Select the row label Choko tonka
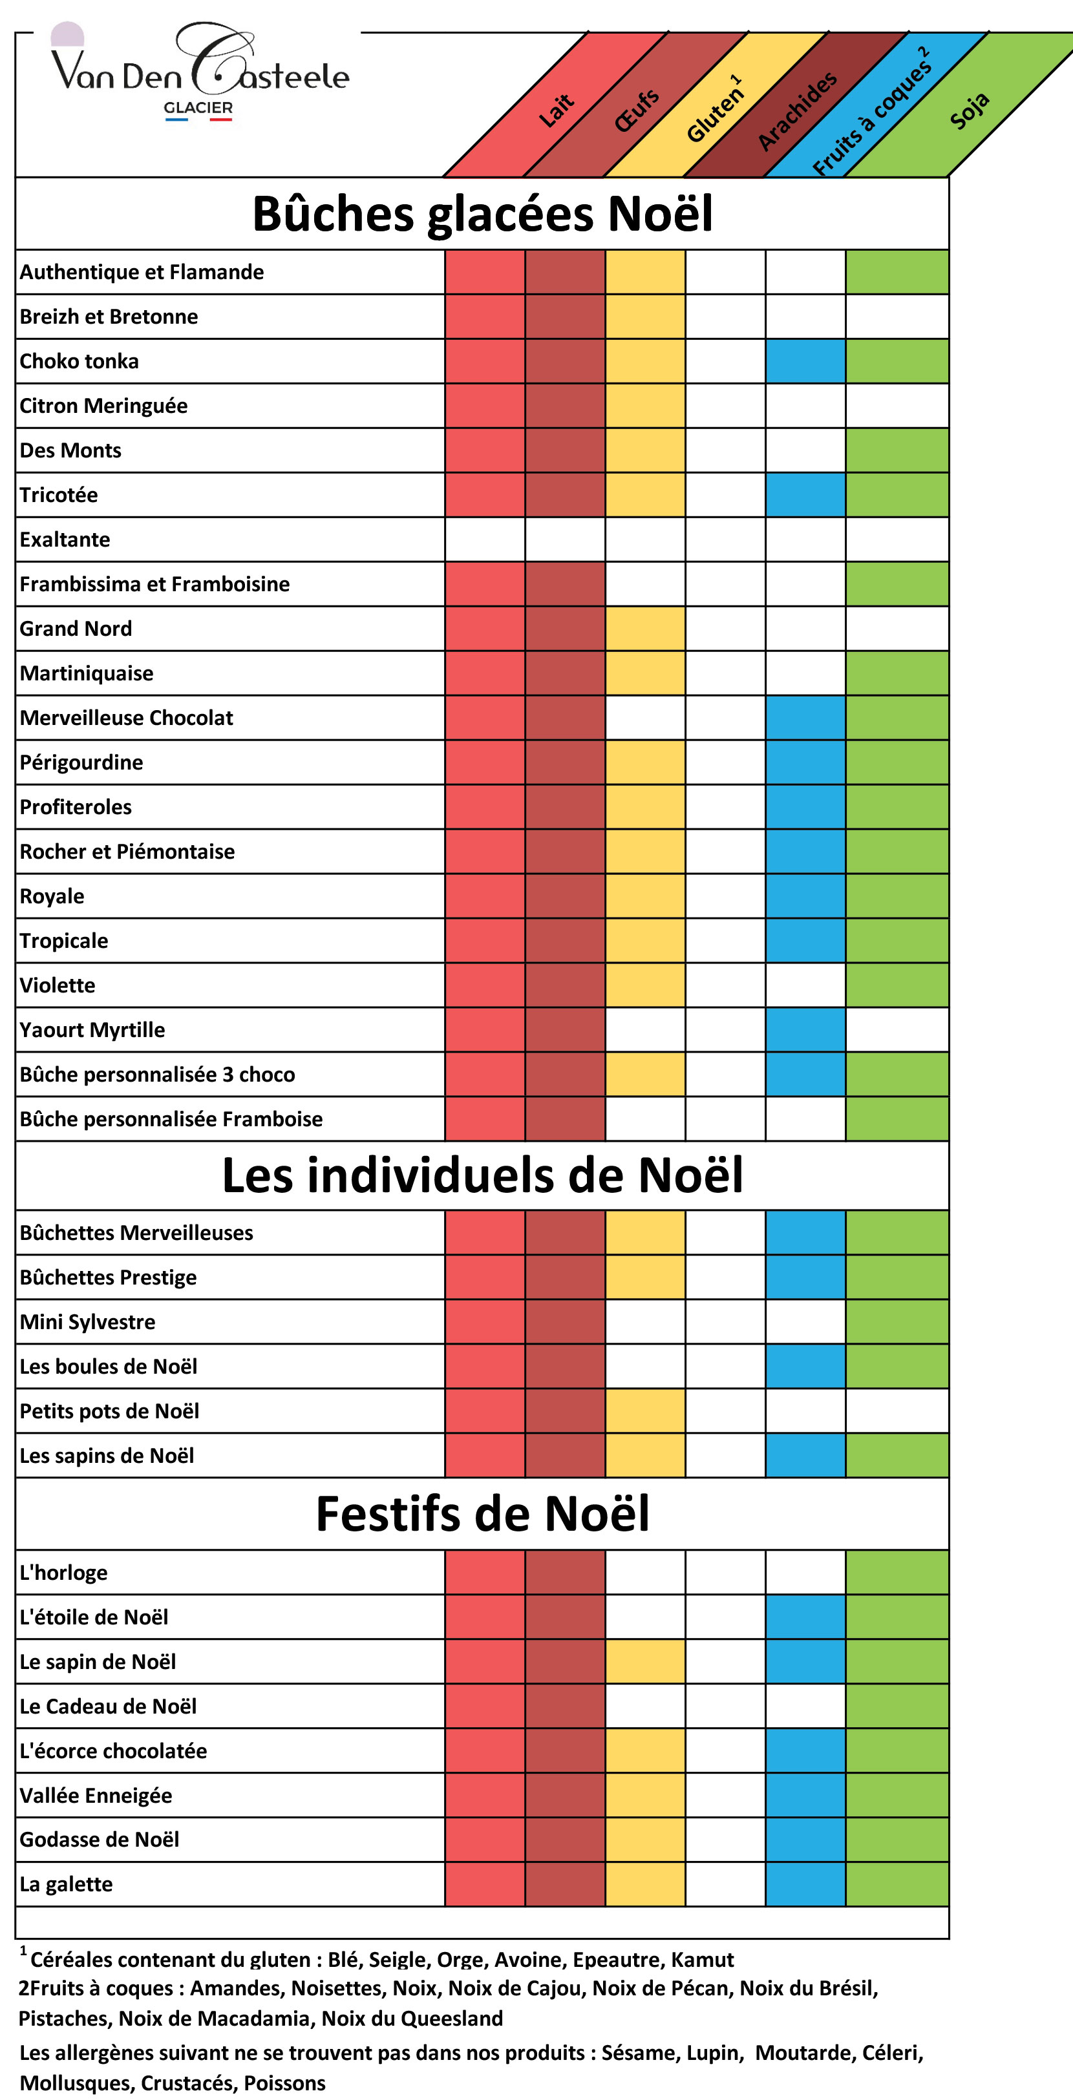(x=79, y=361)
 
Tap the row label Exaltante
(x=65, y=540)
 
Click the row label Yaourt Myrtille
(x=92, y=1029)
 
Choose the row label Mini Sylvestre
(x=87, y=1321)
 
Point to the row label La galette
(x=66, y=1884)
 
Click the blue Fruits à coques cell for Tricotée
(x=805, y=495)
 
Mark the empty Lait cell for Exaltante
(x=484, y=540)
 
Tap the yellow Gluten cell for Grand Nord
(x=645, y=629)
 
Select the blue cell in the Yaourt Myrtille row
(x=805, y=1029)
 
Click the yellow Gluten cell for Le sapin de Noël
(x=645, y=1661)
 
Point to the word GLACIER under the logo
(x=198, y=108)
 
